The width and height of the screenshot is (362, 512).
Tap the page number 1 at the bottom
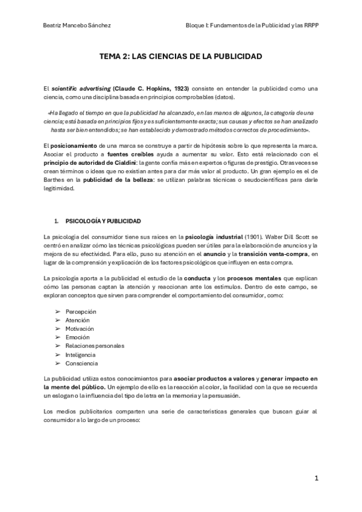pyautogui.click(x=316, y=478)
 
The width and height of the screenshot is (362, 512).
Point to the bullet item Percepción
pyautogui.click(x=81, y=311)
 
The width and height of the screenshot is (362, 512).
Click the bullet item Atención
pyautogui.click(x=78, y=320)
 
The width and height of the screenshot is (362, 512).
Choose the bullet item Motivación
pyautogui.click(x=80, y=328)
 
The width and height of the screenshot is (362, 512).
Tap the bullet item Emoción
pyautogui.click(x=77, y=337)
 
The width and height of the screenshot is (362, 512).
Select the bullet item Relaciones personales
pyautogui.click(x=95, y=346)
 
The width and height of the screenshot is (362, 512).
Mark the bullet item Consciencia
pyautogui.click(x=81, y=363)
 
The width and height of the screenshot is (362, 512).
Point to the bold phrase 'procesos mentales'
pyautogui.click(x=232, y=277)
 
